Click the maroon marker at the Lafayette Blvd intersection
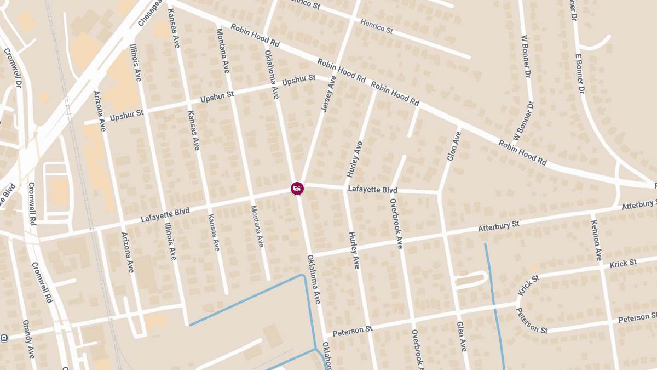(297, 189)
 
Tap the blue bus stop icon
(4, 338)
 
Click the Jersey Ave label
(327, 94)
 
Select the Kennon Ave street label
(596, 240)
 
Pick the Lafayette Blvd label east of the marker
(372, 190)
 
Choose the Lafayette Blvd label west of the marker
(165, 214)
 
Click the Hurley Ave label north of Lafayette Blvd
(354, 159)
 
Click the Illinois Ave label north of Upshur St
(135, 62)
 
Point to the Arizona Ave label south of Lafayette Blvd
(127, 252)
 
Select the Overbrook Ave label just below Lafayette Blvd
(396, 224)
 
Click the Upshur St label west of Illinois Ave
(126, 115)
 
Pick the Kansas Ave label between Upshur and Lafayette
(194, 130)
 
